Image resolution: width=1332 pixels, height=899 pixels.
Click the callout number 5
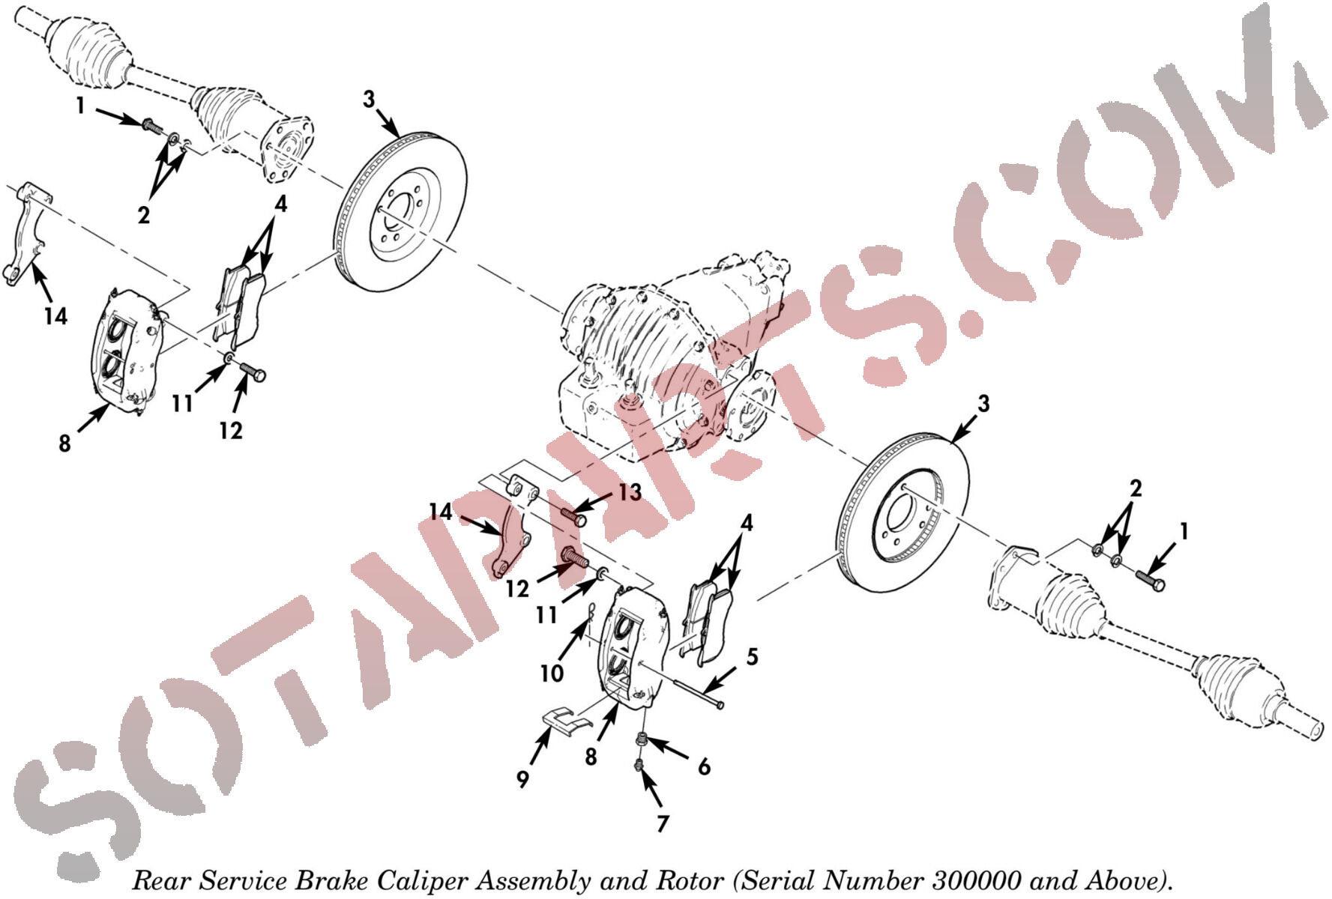pyautogui.click(x=752, y=657)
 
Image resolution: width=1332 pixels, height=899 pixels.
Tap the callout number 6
pyautogui.click(x=704, y=766)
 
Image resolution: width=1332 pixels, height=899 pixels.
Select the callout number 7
pyautogui.click(x=663, y=823)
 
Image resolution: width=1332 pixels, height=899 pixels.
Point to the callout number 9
pyautogui.click(x=522, y=779)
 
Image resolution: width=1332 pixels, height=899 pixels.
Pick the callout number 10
pyautogui.click(x=552, y=674)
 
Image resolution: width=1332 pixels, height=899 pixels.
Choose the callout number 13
pyautogui.click(x=630, y=492)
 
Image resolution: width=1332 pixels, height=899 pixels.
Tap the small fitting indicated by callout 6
pyautogui.click(x=642, y=741)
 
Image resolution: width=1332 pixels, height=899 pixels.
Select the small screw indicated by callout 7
pyautogui.click(x=639, y=765)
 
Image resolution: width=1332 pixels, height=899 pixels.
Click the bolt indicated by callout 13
pyautogui.click(x=573, y=515)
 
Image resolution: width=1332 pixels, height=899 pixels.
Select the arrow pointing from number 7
pyautogui.click(x=651, y=789)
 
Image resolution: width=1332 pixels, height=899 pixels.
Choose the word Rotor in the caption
pyautogui.click(x=690, y=880)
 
